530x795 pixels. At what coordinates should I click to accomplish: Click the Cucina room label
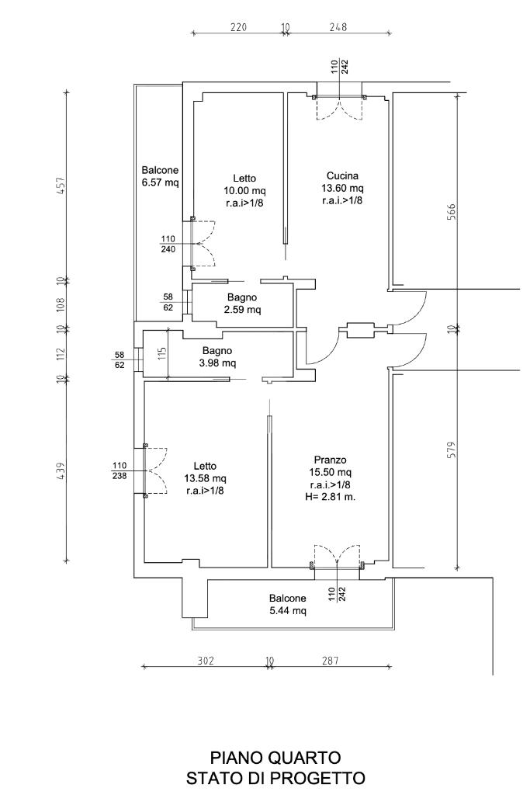(342, 176)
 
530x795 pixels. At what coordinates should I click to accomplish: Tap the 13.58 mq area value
(205, 478)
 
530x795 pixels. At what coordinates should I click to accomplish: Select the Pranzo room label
(331, 460)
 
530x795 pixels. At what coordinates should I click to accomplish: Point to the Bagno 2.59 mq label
(242, 304)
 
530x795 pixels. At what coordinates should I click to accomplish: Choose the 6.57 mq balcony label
(160, 176)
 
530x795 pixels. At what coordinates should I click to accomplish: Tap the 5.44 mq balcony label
(287, 604)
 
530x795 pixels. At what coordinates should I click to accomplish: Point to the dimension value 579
(452, 451)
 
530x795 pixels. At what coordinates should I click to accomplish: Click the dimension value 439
(61, 471)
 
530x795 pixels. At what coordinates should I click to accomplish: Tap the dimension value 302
(205, 661)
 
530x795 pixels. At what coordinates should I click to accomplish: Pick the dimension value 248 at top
(338, 27)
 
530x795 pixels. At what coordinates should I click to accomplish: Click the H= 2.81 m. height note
(331, 497)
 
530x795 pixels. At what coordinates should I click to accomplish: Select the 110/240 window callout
(168, 244)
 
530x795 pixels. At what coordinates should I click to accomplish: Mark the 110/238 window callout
(120, 470)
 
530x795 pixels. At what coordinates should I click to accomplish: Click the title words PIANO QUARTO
(275, 758)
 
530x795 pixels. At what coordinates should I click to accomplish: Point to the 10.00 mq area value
(244, 191)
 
